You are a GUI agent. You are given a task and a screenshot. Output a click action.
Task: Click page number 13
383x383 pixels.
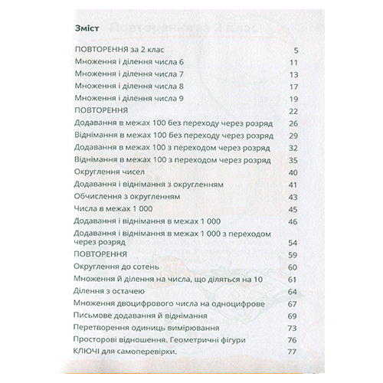coord(292,75)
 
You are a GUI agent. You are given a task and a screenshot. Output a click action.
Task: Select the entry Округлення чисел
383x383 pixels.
coord(103,172)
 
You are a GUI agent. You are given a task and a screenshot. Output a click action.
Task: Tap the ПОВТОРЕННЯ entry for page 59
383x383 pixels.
coord(97,254)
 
